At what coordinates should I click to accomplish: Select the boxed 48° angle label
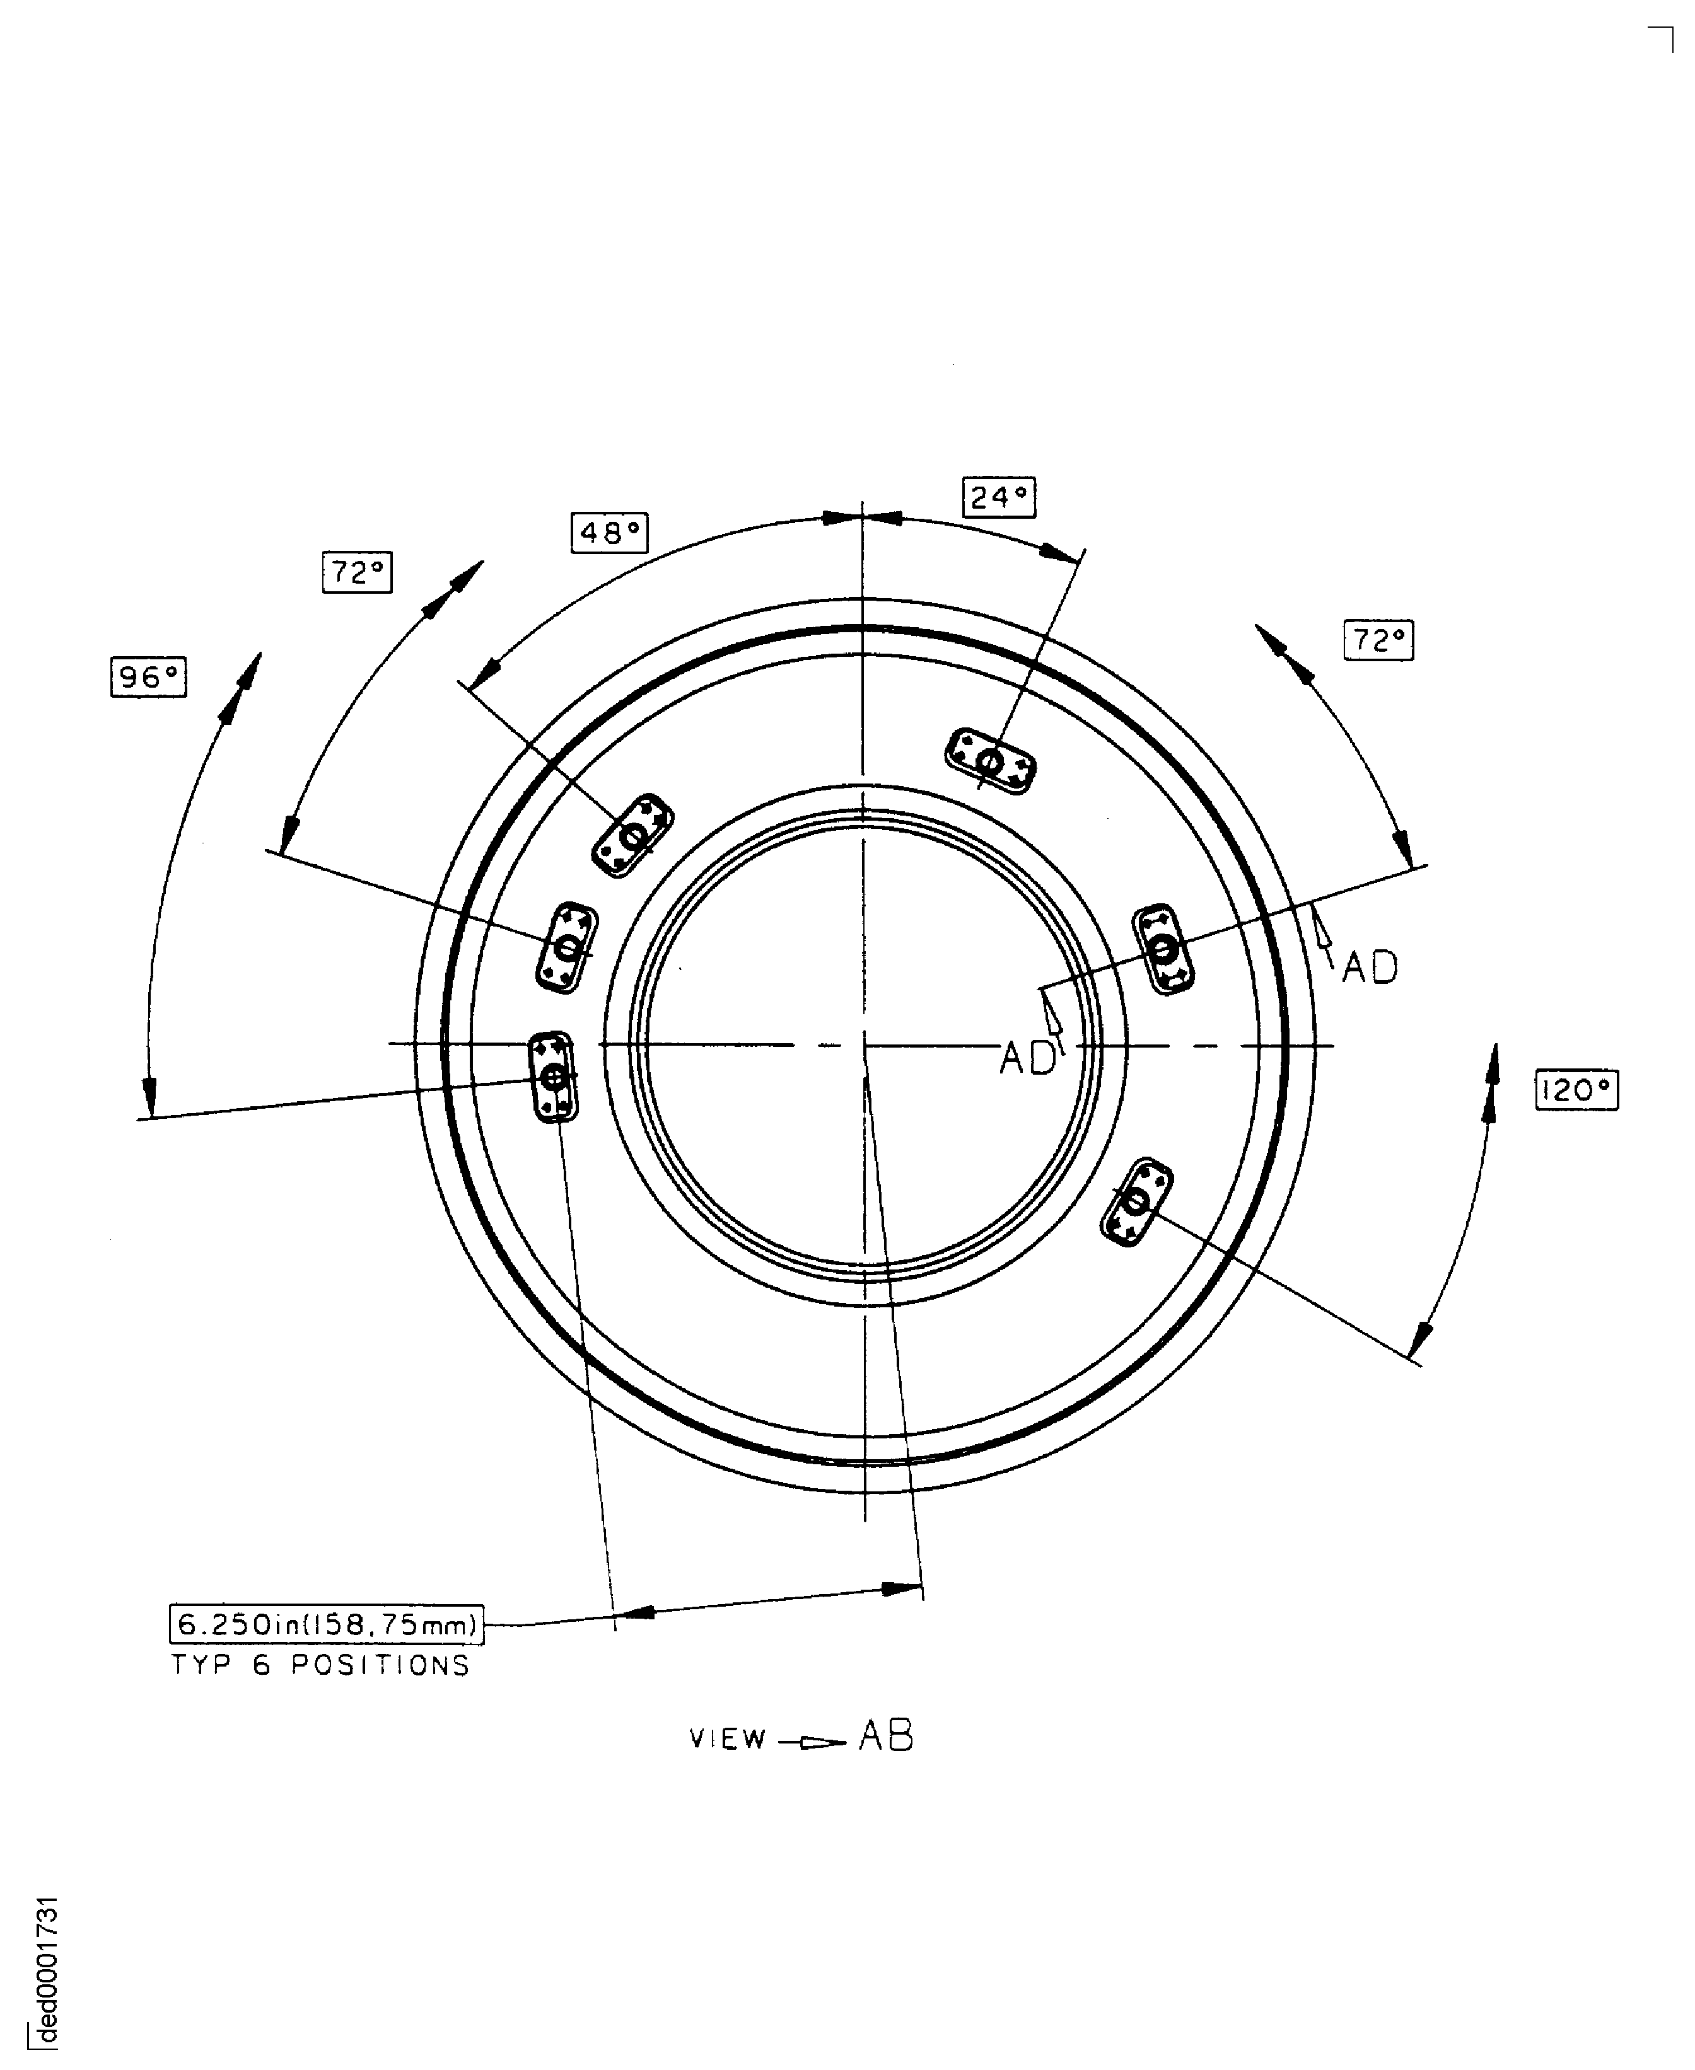(609, 532)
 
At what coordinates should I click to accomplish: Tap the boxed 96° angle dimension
(148, 678)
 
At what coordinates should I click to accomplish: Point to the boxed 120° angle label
(1576, 1090)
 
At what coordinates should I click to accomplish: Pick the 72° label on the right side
(1378, 640)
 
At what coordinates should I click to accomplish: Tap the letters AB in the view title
(885, 1736)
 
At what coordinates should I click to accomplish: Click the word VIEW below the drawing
(728, 1739)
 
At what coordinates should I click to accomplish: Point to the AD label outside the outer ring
(1369, 967)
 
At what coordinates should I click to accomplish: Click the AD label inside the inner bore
(1027, 1058)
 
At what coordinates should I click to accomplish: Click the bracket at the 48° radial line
(632, 835)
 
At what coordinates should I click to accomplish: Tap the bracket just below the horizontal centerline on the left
(554, 1077)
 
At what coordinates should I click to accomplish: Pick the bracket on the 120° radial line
(1136, 1201)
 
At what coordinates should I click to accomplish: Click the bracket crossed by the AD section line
(1162, 949)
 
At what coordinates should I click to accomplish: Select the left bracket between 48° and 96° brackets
(566, 947)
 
